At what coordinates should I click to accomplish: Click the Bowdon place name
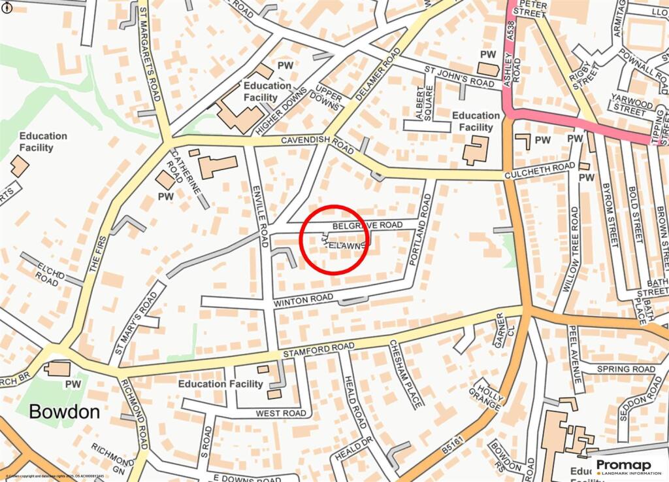tap(64, 411)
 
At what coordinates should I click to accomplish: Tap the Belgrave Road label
tap(367, 225)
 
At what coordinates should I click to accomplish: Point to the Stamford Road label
tap(318, 349)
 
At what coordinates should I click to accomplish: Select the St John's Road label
tap(459, 76)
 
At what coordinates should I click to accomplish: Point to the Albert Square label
tap(424, 104)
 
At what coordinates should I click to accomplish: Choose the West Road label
tap(280, 413)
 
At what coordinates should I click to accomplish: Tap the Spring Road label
tap(625, 369)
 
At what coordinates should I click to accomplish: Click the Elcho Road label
tap(52, 271)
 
